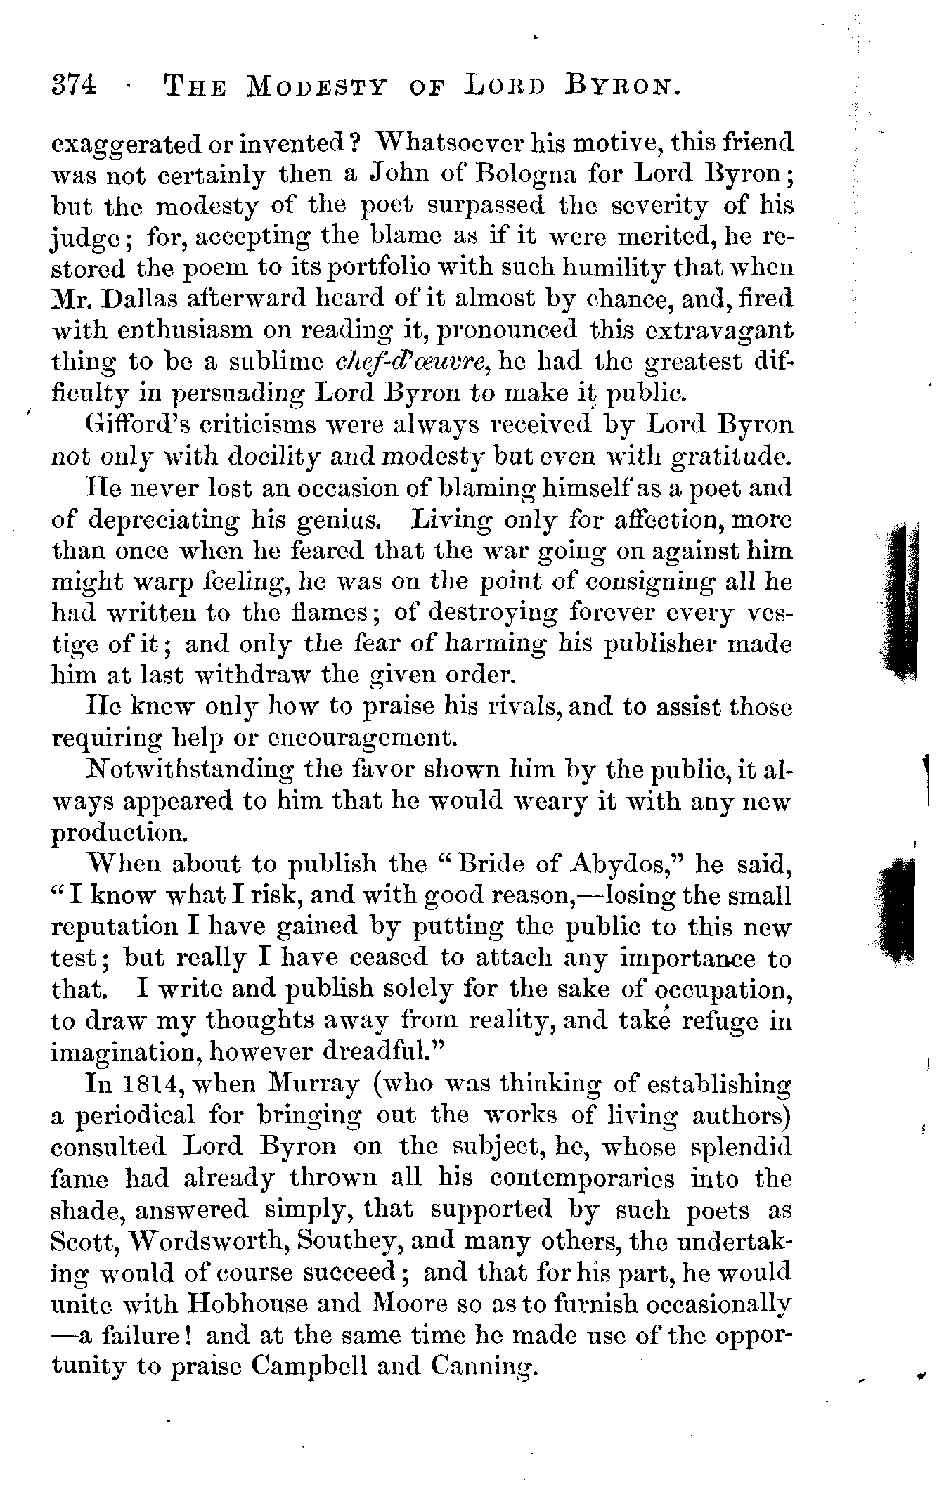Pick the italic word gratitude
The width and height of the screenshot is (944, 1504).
pos(732,457)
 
